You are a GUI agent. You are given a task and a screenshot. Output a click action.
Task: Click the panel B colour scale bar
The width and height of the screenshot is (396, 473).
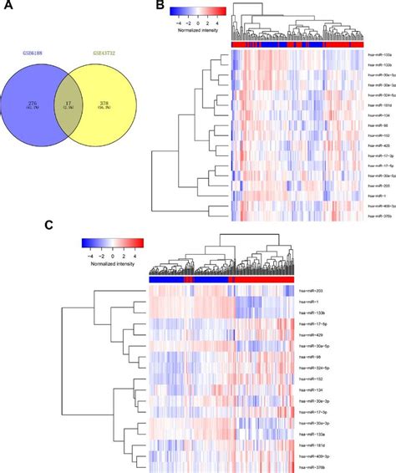pyautogui.click(x=196, y=11)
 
